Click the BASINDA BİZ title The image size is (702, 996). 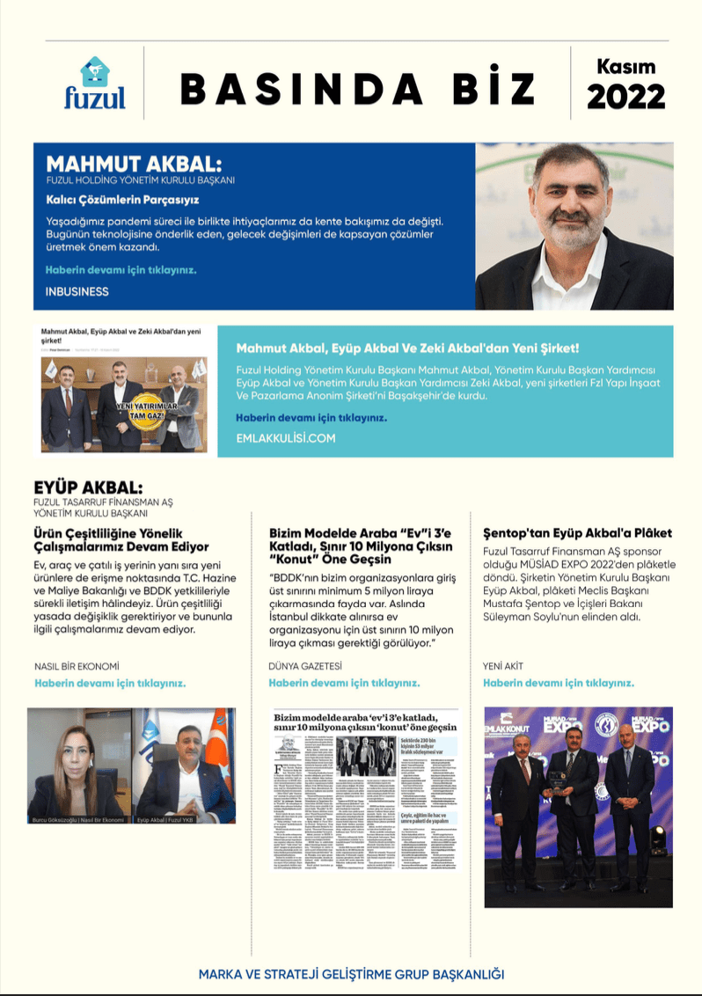coord(357,88)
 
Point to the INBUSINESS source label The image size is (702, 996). coord(77,291)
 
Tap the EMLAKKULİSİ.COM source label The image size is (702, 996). coord(286,436)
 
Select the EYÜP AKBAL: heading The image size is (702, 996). coord(88,487)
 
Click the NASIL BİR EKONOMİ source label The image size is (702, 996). coord(77,666)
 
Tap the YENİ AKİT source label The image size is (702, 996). coord(503,666)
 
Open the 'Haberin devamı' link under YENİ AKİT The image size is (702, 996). coord(559,683)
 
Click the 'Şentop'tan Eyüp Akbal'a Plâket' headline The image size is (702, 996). coord(577,532)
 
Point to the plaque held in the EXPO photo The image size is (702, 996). coord(557,777)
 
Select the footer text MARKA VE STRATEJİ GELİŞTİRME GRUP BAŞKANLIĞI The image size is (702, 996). coord(351,974)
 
